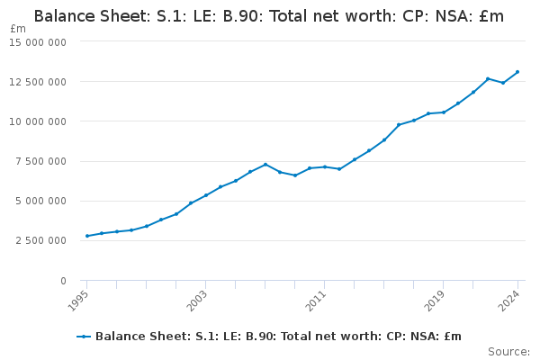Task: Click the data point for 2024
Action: (517, 72)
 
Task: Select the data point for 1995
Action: (87, 236)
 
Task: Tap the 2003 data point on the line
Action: (206, 195)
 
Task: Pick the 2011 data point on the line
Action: (325, 167)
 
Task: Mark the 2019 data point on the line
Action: (444, 112)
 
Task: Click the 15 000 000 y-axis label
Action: (38, 42)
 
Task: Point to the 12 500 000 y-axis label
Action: (38, 82)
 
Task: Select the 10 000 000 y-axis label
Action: (38, 121)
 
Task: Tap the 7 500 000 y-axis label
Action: (40, 161)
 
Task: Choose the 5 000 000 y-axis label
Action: (40, 201)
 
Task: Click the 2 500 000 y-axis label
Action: (40, 240)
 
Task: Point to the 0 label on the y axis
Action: (63, 281)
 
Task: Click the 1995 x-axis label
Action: (78, 301)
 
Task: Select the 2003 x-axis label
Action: (197, 301)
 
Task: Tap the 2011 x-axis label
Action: (316, 301)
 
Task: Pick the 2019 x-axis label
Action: (435, 301)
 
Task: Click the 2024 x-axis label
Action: (509, 301)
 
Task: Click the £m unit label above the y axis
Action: (18, 29)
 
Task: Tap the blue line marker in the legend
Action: (84, 337)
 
